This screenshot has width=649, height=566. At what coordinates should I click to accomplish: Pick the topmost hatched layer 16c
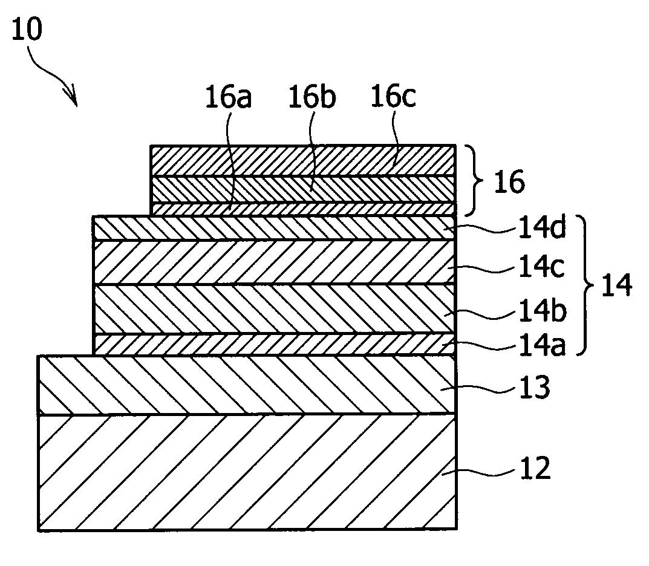click(302, 161)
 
